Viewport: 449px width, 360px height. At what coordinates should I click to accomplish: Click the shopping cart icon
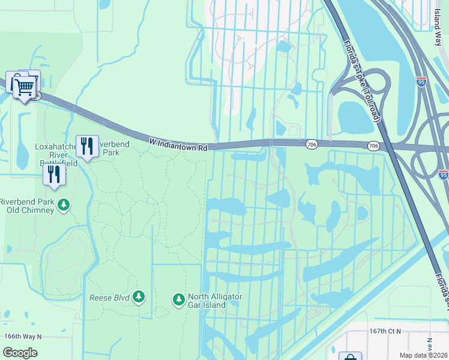[24, 87]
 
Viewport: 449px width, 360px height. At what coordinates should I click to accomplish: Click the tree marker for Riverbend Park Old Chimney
[64, 205]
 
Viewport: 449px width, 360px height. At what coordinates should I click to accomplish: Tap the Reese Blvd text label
[109, 297]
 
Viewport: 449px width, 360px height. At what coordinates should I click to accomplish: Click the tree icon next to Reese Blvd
[139, 296]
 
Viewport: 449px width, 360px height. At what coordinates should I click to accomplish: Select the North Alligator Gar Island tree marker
[178, 299]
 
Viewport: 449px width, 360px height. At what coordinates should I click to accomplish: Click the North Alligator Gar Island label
[215, 301]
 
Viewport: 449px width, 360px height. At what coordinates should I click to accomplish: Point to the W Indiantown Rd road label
[178, 144]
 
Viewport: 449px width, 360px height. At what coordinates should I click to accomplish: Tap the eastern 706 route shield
[373, 146]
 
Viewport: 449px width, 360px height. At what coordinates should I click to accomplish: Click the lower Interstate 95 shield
[443, 175]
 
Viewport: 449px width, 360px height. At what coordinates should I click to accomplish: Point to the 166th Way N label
[22, 336]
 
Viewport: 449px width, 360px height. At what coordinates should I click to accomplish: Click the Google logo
[19, 352]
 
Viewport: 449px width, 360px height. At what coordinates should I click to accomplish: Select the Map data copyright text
[423, 355]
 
